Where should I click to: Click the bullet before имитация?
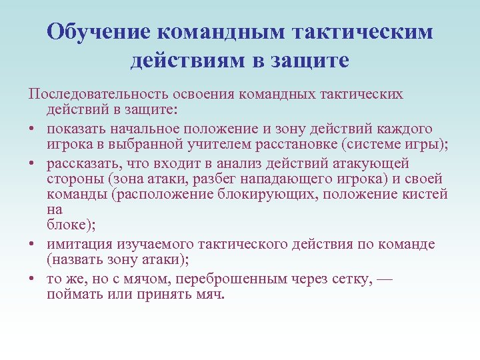click(x=31, y=245)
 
